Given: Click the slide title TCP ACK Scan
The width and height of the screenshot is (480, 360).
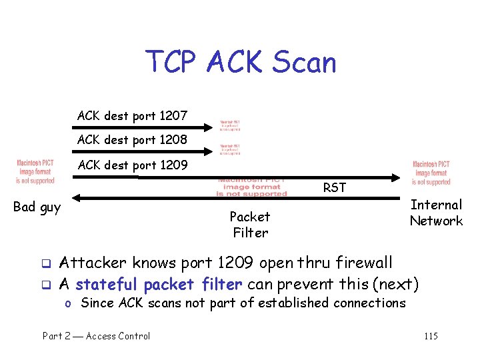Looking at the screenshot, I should [x=241, y=63].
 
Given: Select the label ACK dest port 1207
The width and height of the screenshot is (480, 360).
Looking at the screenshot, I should [x=132, y=116].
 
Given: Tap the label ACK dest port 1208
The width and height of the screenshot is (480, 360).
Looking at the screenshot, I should [x=132, y=140].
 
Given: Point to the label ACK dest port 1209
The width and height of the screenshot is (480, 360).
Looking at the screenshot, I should [x=132, y=165].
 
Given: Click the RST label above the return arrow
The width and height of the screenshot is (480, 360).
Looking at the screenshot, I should [x=334, y=188].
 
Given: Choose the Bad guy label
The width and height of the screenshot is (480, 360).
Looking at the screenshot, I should [x=37, y=207].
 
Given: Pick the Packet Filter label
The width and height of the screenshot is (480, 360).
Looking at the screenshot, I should [x=249, y=225].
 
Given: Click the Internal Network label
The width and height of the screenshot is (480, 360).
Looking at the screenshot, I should [x=436, y=213].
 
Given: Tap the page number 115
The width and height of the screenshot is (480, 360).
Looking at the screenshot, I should [x=431, y=336].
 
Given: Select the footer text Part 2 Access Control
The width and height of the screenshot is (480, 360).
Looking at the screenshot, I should [x=97, y=336].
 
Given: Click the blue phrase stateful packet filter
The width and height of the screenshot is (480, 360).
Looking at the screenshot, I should [x=159, y=285].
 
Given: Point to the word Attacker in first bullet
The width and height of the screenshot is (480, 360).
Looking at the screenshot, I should [x=89, y=263].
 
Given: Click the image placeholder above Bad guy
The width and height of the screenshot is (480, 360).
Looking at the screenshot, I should [x=35, y=172].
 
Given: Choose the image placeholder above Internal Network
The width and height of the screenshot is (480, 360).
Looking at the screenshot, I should [x=431, y=173].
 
